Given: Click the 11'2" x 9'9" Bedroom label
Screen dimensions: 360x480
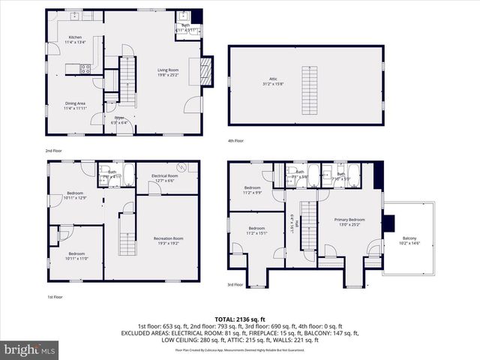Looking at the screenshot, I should pos(251,190).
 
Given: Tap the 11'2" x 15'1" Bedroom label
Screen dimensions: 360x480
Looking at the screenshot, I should pos(256,230).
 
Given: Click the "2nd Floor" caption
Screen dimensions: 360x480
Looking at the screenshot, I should pos(52,151).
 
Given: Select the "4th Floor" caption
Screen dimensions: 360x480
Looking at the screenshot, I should pos(235,141).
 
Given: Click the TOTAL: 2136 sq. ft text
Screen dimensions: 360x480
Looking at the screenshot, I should pos(239,319).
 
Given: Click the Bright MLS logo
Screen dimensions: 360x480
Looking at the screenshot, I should pos(30,349).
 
